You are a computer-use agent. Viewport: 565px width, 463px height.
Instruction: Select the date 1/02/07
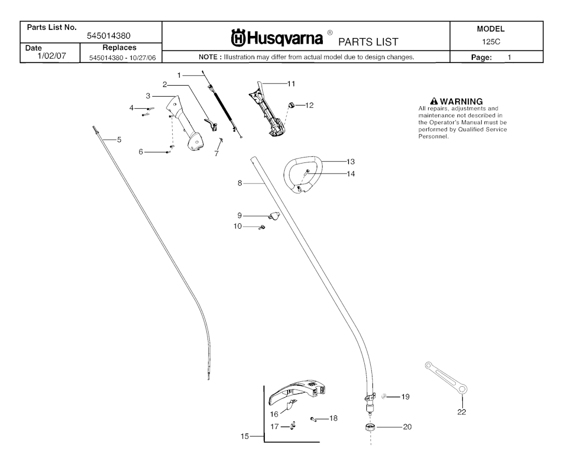(51, 56)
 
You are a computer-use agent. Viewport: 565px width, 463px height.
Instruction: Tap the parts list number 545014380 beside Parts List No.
(109, 36)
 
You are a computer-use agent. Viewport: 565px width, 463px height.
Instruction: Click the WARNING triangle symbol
(434, 101)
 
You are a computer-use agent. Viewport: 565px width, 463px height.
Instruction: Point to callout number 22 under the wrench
(461, 412)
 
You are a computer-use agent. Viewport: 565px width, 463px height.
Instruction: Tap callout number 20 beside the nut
(407, 427)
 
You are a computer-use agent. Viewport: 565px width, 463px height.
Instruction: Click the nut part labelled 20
(371, 427)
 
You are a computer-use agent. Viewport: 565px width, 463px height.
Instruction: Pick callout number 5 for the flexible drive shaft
(119, 140)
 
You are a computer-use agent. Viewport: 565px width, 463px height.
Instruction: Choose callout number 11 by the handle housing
(291, 84)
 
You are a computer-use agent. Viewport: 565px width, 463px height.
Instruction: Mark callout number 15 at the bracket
(245, 436)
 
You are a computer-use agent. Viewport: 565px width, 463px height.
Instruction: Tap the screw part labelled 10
(263, 227)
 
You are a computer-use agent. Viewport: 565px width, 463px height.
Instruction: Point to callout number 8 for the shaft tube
(240, 183)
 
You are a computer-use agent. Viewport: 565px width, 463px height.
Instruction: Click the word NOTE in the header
(210, 57)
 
